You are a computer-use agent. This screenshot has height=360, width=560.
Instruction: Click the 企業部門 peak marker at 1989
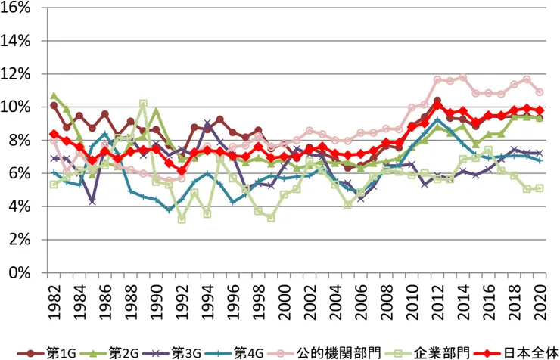[x=143, y=104]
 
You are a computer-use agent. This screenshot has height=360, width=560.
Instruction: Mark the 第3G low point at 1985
[x=92, y=201]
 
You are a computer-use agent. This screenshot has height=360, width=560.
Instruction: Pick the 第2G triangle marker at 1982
[x=54, y=96]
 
